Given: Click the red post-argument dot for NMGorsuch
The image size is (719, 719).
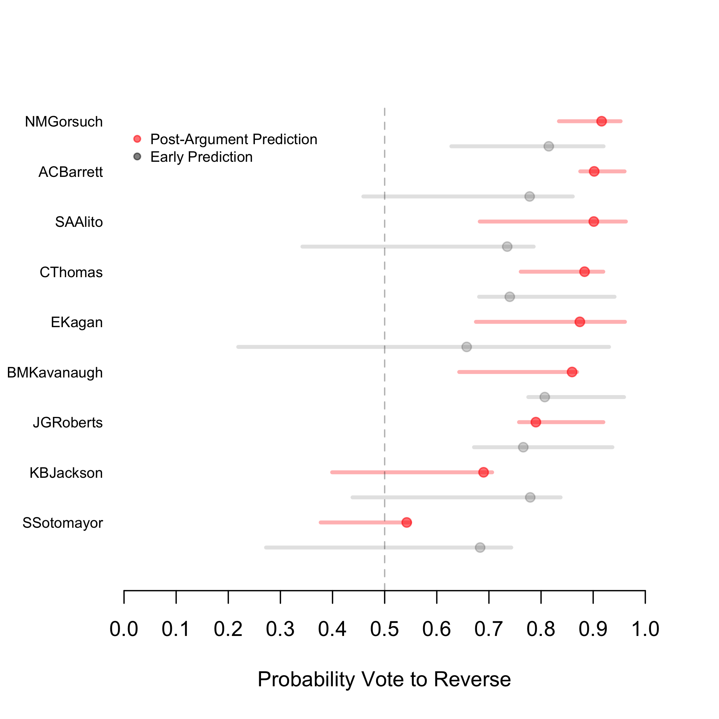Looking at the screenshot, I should [601, 121].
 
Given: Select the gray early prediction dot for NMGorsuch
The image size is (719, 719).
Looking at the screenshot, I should [549, 146].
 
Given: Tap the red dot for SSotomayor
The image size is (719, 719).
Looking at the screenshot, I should [407, 522].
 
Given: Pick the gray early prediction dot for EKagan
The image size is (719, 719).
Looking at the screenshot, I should [467, 347].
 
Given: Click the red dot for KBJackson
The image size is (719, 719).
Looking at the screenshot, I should [484, 472].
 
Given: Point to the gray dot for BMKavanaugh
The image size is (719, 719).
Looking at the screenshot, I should [544, 397].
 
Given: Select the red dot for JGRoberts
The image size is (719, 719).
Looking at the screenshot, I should [536, 422].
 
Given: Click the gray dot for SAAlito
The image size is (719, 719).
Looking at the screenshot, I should [507, 246].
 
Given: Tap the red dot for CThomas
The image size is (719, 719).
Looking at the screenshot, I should [585, 272].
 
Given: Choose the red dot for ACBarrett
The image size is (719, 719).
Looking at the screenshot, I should [594, 171].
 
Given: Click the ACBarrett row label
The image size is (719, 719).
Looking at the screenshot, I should [71, 172].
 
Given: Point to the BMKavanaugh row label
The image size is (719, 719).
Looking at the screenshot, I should [55, 372].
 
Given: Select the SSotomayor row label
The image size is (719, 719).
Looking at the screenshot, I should [63, 523].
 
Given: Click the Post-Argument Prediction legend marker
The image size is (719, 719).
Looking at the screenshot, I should [137, 139].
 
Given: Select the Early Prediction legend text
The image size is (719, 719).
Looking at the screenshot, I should [201, 157].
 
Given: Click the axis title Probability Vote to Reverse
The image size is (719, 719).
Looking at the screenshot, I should [384, 679].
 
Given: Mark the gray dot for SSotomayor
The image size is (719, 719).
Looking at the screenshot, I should [480, 548].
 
